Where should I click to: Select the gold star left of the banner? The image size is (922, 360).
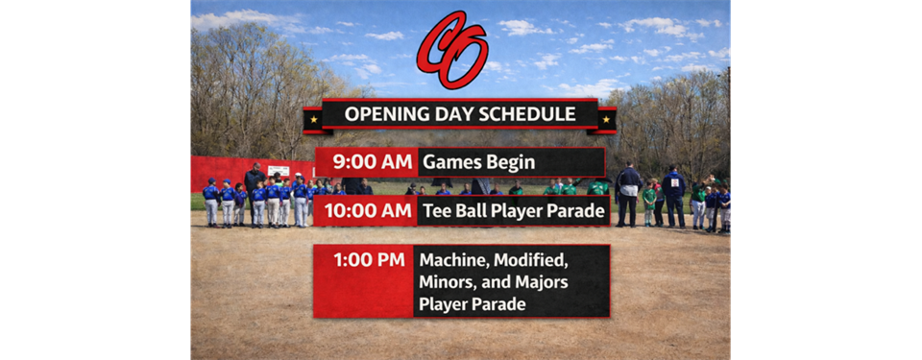tap(314, 119)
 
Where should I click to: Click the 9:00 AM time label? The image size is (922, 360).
tap(371, 162)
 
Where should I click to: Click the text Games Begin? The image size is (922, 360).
tap(478, 162)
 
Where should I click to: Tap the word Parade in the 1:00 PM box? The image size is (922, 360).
tap(498, 305)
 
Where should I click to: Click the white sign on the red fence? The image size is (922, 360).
tap(279, 171)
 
